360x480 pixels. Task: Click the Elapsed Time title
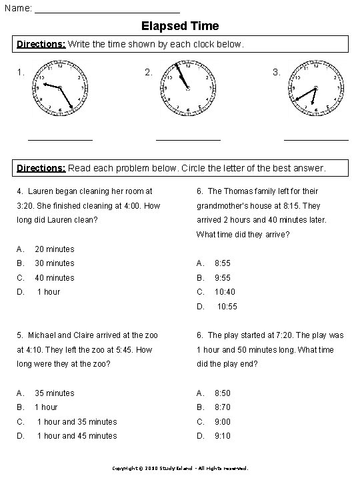180,26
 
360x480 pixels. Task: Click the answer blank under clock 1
60,139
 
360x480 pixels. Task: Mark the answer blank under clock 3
316,139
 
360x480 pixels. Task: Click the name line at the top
107,9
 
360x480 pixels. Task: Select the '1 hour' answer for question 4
49,292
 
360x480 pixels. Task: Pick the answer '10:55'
227,307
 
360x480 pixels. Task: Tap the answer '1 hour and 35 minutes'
77,422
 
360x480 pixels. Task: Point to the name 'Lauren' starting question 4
40,191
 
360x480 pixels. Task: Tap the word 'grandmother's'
222,206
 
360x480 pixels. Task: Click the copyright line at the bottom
180,469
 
